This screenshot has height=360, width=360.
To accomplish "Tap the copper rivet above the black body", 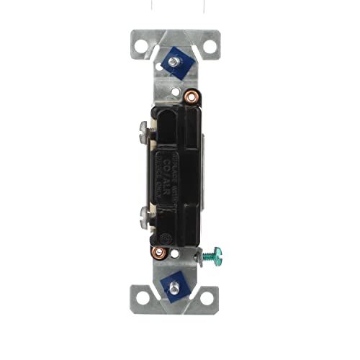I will point(191,96).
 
